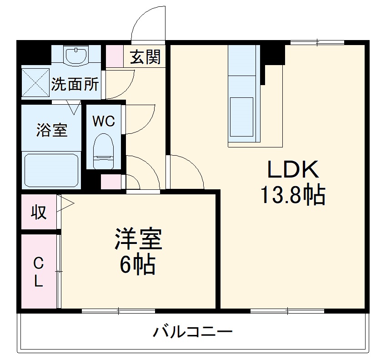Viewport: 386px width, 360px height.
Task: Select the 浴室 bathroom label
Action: (x=52, y=131)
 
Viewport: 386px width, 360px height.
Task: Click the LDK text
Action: (x=292, y=170)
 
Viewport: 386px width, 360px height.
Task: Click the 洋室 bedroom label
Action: (x=138, y=240)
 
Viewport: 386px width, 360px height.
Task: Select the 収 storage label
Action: (x=39, y=212)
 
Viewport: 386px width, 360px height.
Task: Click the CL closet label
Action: (x=39, y=272)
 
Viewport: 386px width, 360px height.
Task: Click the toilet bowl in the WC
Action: (x=104, y=148)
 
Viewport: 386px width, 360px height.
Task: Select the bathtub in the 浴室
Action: (x=51, y=170)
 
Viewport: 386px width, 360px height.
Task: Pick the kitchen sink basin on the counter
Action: (x=241, y=116)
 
